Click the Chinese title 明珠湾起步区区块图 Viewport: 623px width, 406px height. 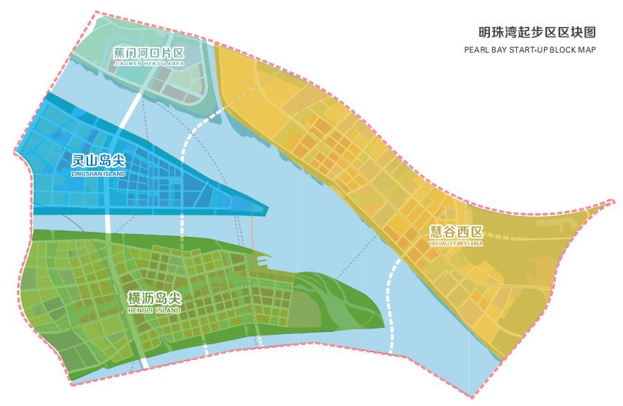tap(537, 32)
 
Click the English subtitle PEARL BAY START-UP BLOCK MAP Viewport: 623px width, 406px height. tap(530, 50)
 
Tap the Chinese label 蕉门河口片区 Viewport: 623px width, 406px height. tap(148, 53)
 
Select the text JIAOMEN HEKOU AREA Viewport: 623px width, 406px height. tap(148, 63)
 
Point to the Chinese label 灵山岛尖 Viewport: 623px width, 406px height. tap(98, 161)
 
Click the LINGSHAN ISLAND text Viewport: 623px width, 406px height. tap(98, 173)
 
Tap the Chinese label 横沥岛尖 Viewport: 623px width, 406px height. tap(155, 299)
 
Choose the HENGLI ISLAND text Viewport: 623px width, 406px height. tap(155, 311)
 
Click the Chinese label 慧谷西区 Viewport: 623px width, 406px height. tap(456, 233)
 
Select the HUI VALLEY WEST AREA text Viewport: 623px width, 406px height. tap(456, 244)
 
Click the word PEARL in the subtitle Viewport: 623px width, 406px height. tap(476, 50)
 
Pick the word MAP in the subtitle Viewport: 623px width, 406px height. tap(588, 50)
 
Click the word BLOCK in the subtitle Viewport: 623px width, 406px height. tap(561, 50)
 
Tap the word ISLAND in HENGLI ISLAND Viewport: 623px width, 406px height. tap(167, 311)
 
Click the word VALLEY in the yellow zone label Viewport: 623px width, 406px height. tap(450, 244)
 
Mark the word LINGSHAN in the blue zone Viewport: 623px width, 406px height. tap(88, 173)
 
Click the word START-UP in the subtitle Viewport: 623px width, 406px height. tap(527, 50)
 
